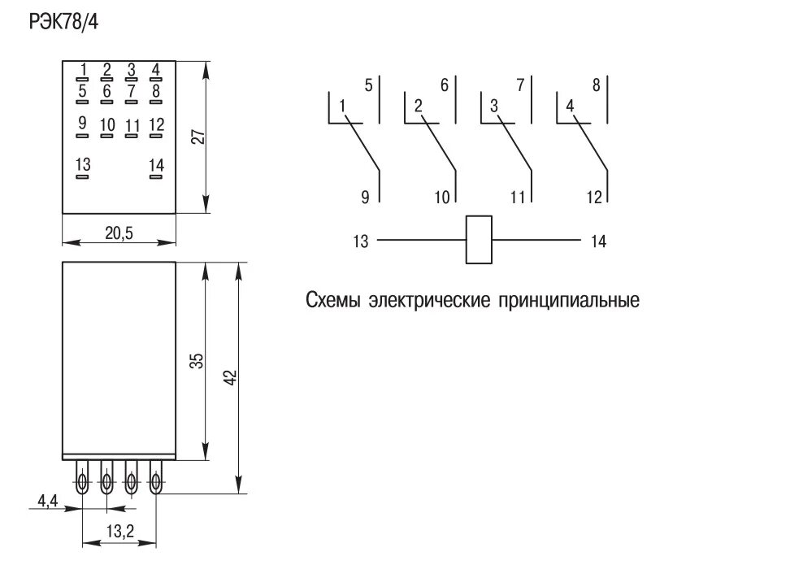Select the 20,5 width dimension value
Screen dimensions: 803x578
coord(119,233)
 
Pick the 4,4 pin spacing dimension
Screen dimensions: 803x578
coord(47,501)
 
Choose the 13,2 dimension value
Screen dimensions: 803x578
coord(119,532)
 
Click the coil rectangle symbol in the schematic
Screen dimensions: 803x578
coord(480,240)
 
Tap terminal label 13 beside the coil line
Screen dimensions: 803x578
coord(361,241)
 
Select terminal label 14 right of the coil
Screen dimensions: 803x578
coord(597,241)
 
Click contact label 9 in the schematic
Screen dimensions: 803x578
coord(365,196)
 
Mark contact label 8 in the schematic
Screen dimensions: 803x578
coord(597,85)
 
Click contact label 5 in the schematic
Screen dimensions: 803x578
coord(368,85)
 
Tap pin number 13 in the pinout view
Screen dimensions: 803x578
coord(82,165)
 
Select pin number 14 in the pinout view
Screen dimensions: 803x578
coord(156,165)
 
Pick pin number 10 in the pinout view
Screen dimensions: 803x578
coord(107,124)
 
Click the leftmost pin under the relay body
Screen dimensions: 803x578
coord(82,480)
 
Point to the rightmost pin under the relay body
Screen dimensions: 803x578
coord(155,480)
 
